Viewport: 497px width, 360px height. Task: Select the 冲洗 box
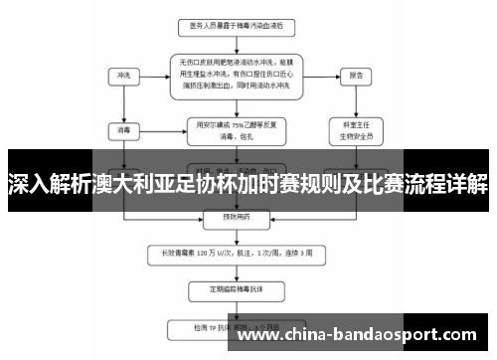click(x=124, y=75)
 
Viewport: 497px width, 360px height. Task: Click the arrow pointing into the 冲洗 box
click(x=147, y=75)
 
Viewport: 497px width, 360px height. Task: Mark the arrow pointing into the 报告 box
click(x=327, y=75)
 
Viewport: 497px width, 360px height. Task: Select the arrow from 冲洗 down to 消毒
click(x=124, y=103)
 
